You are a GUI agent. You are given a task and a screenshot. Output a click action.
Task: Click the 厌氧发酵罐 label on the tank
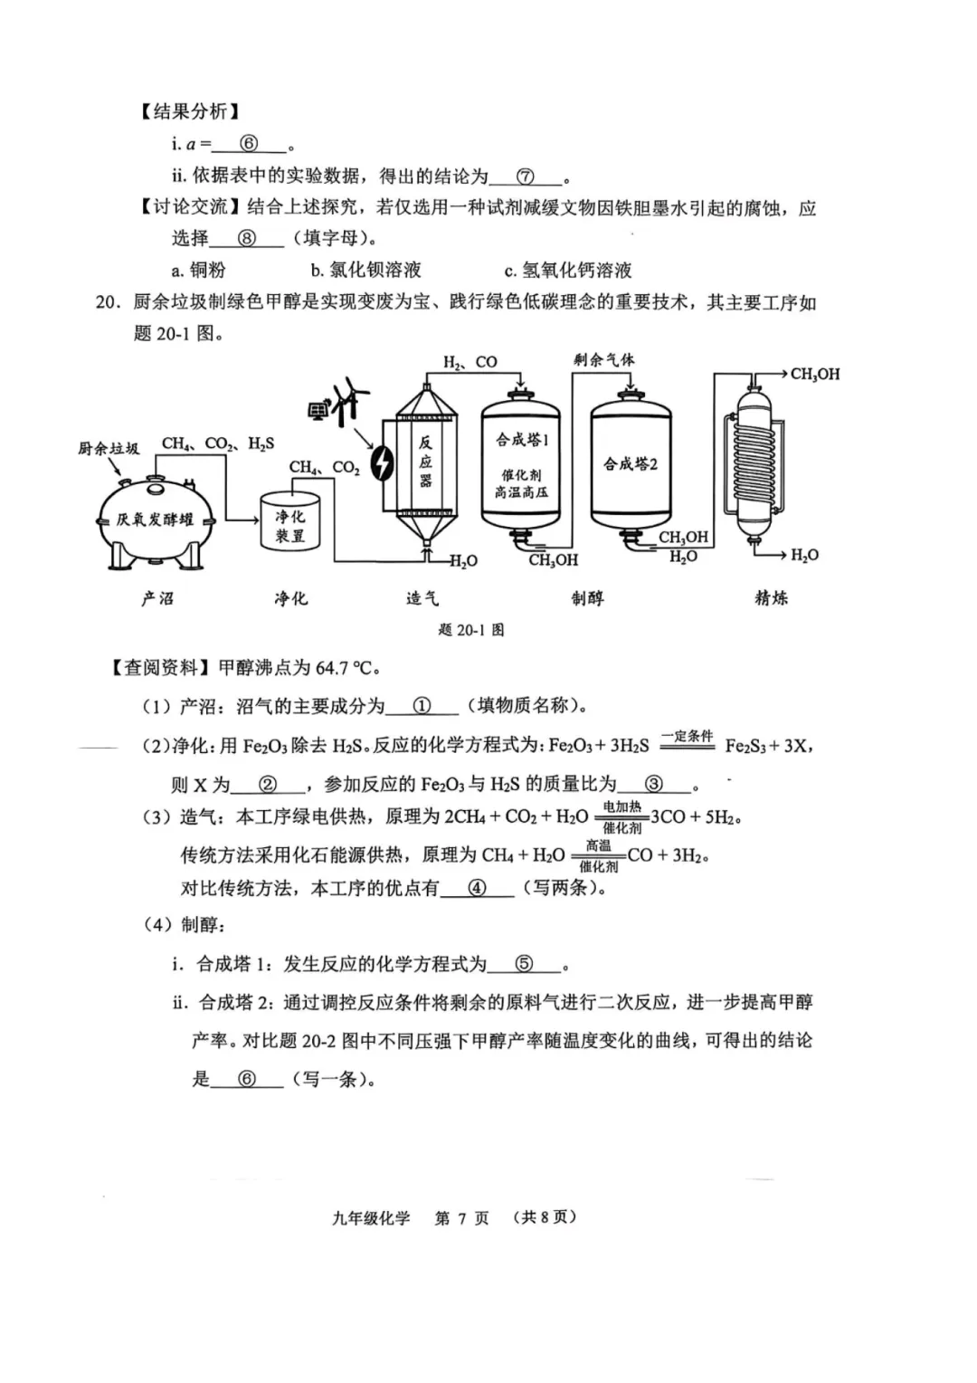coord(155,520)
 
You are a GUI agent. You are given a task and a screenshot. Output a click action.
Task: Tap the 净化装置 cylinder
coord(290,524)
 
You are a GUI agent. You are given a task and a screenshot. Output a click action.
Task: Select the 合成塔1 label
coord(522,440)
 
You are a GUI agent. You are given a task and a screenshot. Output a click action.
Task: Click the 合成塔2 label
coord(631,464)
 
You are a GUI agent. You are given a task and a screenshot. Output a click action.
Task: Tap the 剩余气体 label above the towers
coord(603,359)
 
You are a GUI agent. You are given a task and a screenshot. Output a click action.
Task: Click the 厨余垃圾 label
coord(109,448)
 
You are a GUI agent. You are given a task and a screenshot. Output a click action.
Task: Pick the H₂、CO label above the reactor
coord(470,362)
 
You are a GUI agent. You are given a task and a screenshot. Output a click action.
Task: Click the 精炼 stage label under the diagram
coord(771,597)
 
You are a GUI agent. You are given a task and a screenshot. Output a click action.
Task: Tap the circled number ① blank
coord(422,706)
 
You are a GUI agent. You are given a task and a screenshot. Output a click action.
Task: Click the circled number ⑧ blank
coord(246,239)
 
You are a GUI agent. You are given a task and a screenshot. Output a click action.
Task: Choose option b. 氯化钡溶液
coord(365,270)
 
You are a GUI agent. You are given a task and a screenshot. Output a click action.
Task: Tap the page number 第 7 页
coord(461,1217)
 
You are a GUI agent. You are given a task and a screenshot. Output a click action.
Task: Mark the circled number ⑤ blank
coord(524,964)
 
